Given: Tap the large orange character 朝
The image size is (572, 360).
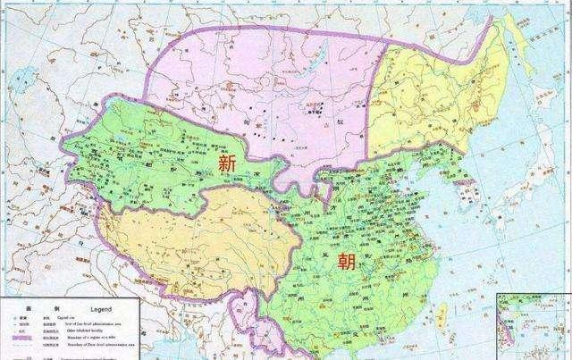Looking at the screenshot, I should coord(343,261).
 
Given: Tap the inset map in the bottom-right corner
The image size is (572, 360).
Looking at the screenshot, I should coord(534,327).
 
